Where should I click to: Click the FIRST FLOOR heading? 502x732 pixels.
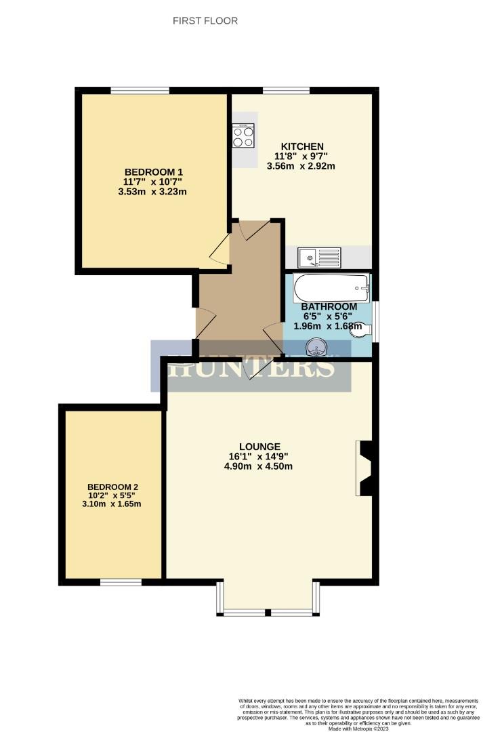pos(205,21)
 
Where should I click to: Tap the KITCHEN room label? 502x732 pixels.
pos(303,146)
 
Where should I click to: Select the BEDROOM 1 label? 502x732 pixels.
pos(154,171)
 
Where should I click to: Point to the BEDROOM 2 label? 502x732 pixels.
pos(112,487)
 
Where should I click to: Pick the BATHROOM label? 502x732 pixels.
pos(329,306)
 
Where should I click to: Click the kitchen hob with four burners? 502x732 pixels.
pos(243,135)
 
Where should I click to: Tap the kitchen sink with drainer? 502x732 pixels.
pos(320,258)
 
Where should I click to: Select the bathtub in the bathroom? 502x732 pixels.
pos(331,289)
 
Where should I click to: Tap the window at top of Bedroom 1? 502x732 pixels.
pos(140,90)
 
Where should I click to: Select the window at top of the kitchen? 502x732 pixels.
pos(286,90)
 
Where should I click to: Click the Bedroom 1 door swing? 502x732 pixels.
pos(221,253)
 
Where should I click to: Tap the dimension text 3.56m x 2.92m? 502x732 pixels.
pos(303,166)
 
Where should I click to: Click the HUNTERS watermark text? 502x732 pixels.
pos(251,367)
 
